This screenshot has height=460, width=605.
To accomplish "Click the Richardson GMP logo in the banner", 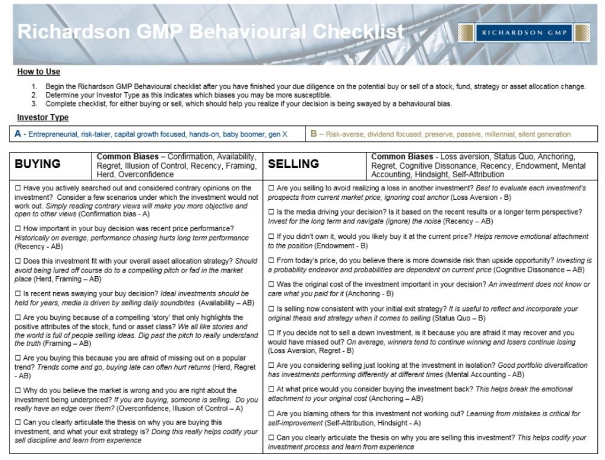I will (524, 33).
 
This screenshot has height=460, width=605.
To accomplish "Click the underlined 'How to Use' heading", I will (38, 72).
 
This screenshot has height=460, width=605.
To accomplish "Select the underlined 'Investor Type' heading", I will (43, 117).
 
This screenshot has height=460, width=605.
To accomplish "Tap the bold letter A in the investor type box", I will (18, 134).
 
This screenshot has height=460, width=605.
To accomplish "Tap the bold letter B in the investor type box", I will (314, 134).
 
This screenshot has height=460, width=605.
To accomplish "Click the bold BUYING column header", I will (37, 164).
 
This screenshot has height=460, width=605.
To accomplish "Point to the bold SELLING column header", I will (294, 164).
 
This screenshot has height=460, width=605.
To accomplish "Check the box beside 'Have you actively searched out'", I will (18, 188).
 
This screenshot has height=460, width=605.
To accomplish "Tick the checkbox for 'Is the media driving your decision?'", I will (271, 212).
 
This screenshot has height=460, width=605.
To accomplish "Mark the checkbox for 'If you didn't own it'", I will (271, 237).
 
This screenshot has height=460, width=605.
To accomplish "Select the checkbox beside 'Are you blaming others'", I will (271, 414).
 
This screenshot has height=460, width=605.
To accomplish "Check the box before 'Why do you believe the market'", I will (18, 390).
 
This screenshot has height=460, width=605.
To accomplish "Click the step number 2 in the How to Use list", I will (34, 95).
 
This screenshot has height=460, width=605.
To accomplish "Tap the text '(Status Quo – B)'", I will (449, 318).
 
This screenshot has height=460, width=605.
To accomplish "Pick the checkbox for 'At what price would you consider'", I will (271, 390).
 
